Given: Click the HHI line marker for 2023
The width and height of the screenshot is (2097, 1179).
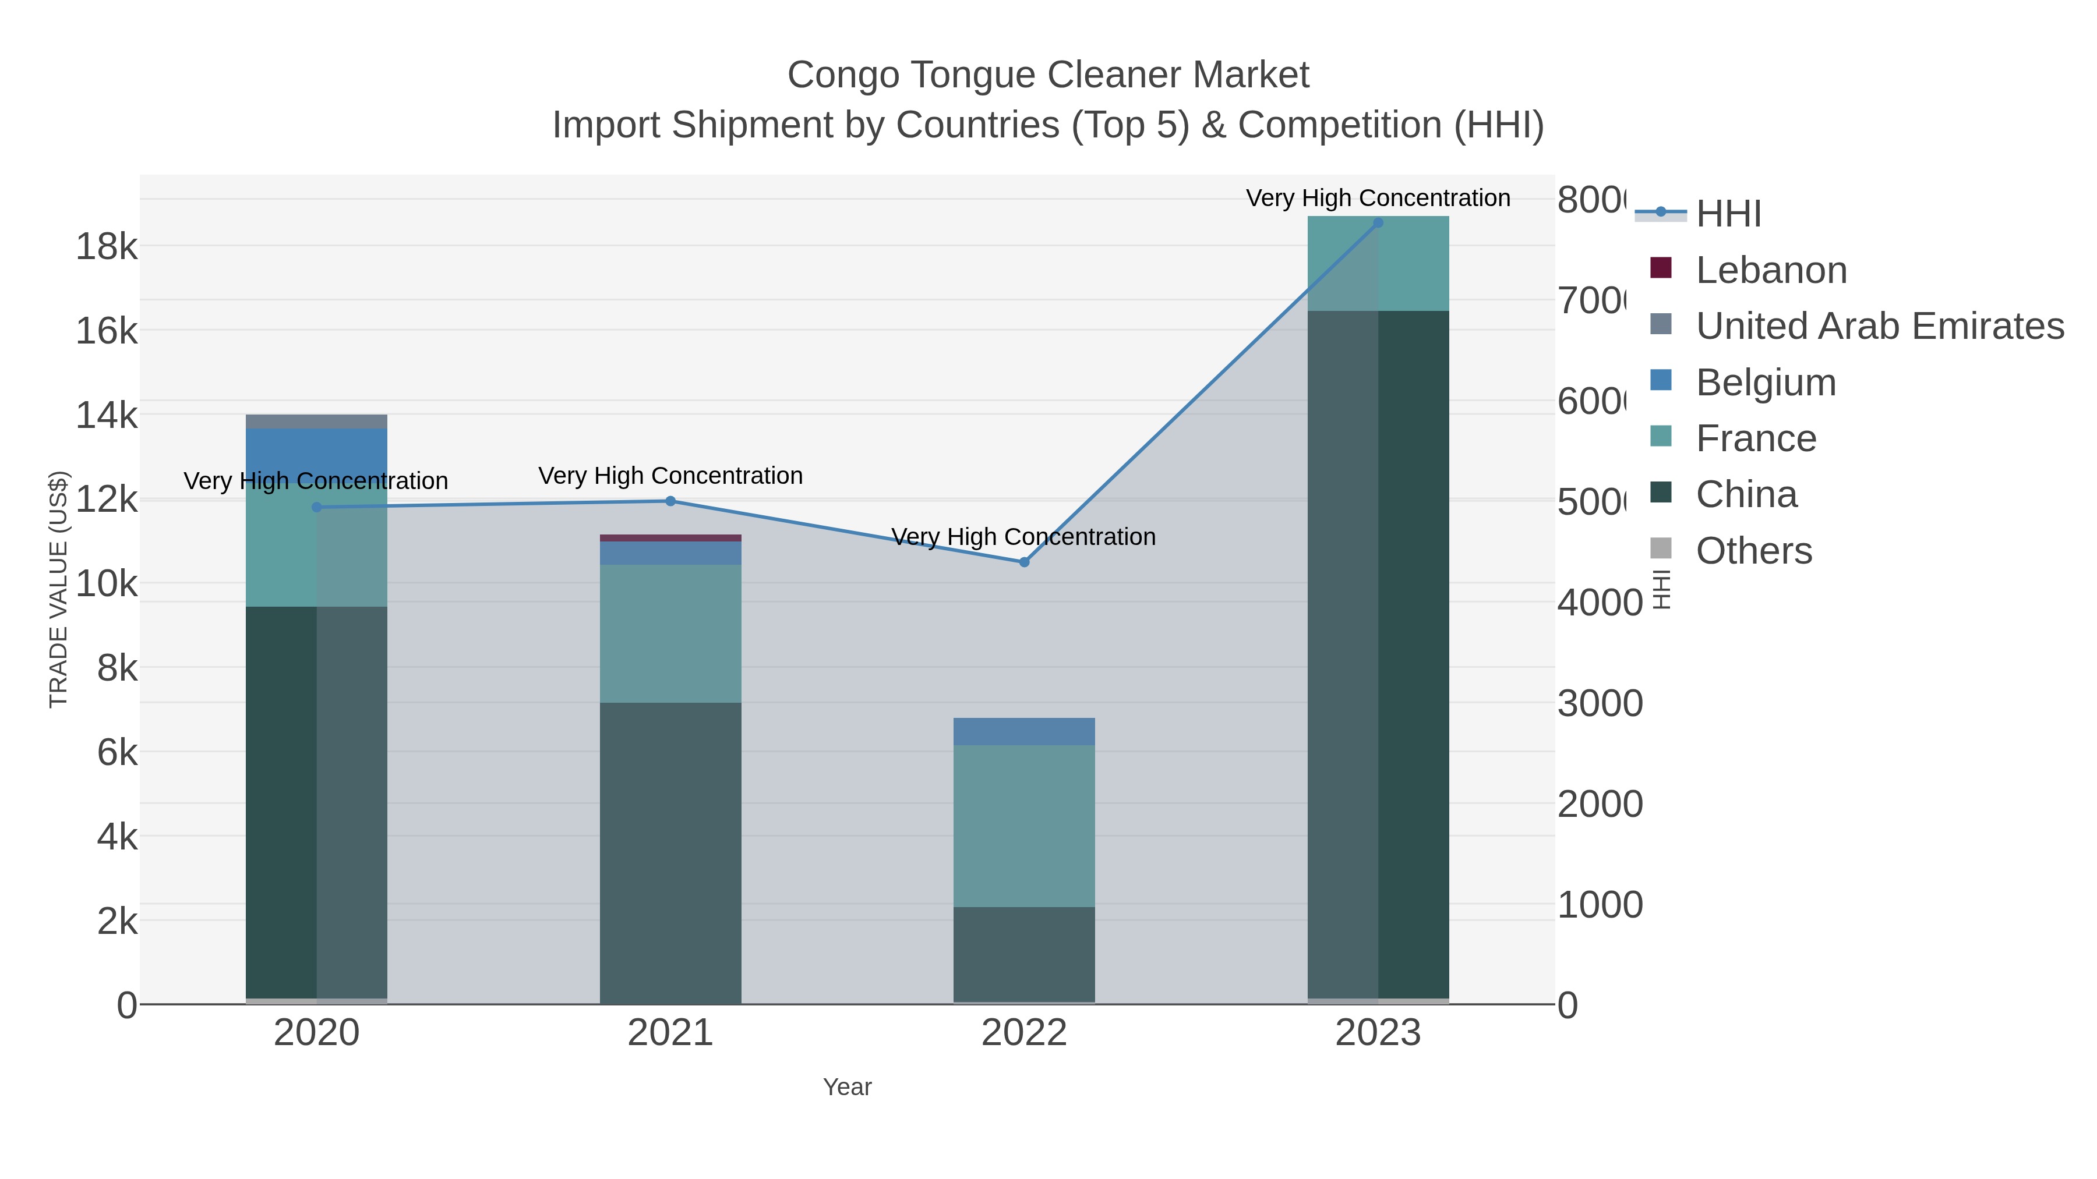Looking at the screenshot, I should click(x=1378, y=223).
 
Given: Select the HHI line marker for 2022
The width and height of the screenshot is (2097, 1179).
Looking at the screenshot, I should click(x=1024, y=562).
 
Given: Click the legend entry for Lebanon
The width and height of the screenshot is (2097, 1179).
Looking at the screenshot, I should click(x=1771, y=270).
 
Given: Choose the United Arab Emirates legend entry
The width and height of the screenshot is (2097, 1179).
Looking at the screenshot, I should click(x=1879, y=326).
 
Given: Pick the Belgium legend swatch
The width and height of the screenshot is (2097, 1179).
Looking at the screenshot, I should click(x=1661, y=381).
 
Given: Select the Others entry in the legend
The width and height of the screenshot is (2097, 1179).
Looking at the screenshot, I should click(x=1753, y=551).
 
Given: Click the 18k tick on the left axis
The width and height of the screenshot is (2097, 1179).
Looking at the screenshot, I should click(x=106, y=246).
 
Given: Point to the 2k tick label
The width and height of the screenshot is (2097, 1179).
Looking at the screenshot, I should click(x=116, y=921).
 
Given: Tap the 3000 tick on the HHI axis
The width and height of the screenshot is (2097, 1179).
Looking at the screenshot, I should click(x=1600, y=704).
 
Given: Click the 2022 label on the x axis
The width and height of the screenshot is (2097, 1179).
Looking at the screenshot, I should click(x=1023, y=1033).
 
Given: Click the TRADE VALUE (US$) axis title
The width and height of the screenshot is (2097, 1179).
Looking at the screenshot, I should click(x=59, y=589).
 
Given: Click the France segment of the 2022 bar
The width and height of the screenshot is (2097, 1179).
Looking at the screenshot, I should click(x=1023, y=826).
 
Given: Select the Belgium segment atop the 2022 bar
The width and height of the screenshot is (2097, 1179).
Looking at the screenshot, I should click(x=1023, y=731).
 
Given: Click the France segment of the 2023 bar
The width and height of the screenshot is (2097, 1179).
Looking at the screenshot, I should click(x=1378, y=264).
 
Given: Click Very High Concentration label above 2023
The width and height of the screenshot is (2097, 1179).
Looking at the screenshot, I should click(x=1378, y=198).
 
